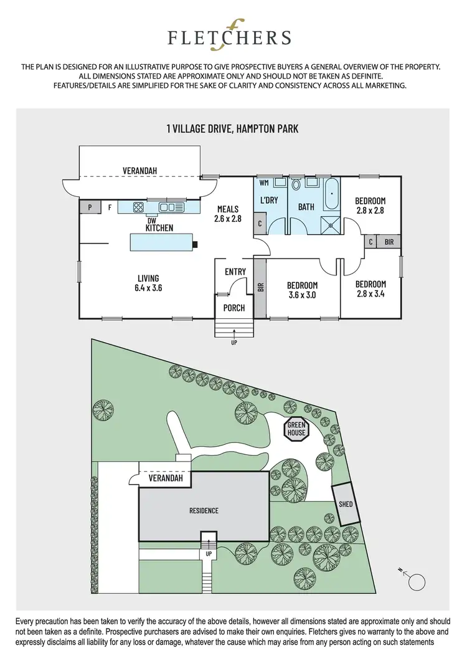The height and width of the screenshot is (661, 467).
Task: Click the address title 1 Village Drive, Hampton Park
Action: pos(232,129)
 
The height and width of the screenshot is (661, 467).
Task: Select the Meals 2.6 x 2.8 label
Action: pos(227,214)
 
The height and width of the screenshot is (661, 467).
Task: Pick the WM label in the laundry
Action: pos(263,183)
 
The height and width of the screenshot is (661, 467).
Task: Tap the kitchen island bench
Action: pos(160,242)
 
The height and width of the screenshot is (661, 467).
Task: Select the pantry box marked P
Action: pos(90,207)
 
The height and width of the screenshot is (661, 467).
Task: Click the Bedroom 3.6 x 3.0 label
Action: pos(302,290)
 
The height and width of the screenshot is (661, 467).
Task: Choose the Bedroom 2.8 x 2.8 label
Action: pos(370,205)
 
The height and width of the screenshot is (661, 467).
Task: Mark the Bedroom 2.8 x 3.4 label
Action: pos(370,289)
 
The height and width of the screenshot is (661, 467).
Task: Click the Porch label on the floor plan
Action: pos(234,308)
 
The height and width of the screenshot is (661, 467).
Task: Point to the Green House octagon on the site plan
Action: pos(296,429)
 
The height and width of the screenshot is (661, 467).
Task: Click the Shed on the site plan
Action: pos(346,503)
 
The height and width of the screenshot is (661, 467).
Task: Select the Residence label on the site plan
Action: pos(204,511)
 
